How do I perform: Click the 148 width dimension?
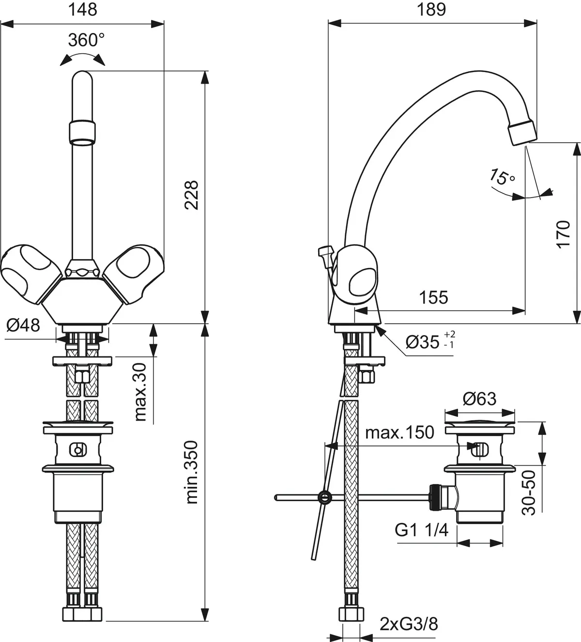[x=83, y=9]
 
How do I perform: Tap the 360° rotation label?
[x=86, y=40]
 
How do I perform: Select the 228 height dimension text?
[x=192, y=195]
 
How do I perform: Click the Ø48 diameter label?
[x=23, y=325]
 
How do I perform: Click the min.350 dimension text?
[x=192, y=472]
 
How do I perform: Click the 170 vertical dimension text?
[x=563, y=234]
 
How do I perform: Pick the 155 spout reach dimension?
[x=433, y=297]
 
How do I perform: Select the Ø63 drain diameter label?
[x=479, y=398]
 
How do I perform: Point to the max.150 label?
[x=399, y=432]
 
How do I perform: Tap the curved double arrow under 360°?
[x=83, y=58]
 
